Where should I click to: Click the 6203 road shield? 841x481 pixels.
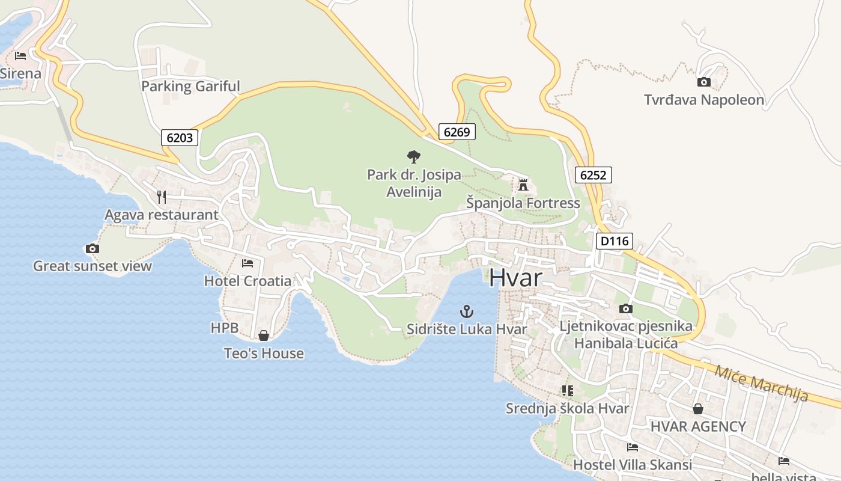(x=180, y=138)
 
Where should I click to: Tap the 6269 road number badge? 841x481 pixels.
(x=457, y=132)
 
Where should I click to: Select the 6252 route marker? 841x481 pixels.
(x=593, y=175)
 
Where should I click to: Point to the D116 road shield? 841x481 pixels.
(x=614, y=241)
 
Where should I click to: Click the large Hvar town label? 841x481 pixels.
(x=515, y=278)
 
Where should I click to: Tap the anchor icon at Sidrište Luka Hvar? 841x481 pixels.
(x=466, y=311)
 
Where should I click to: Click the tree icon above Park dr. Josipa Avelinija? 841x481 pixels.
(x=413, y=157)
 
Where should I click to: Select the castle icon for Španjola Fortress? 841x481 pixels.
(x=523, y=185)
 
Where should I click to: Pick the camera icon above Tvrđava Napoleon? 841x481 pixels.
(x=703, y=82)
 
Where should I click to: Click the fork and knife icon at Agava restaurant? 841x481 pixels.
(x=161, y=197)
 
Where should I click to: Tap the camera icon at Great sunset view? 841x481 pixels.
(x=92, y=248)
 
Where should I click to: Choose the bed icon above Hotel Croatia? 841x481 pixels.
(x=247, y=263)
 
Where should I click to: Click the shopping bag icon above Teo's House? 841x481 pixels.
(x=263, y=335)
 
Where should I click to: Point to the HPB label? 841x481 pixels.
(x=225, y=328)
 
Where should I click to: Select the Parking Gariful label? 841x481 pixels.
(x=190, y=86)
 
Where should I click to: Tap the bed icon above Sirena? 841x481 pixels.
(x=20, y=56)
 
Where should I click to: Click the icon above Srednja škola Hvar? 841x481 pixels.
(x=567, y=391)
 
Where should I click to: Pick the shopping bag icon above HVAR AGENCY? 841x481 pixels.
(x=697, y=409)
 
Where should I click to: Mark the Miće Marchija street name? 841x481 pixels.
(x=761, y=383)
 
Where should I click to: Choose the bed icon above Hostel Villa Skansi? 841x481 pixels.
(x=632, y=447)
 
